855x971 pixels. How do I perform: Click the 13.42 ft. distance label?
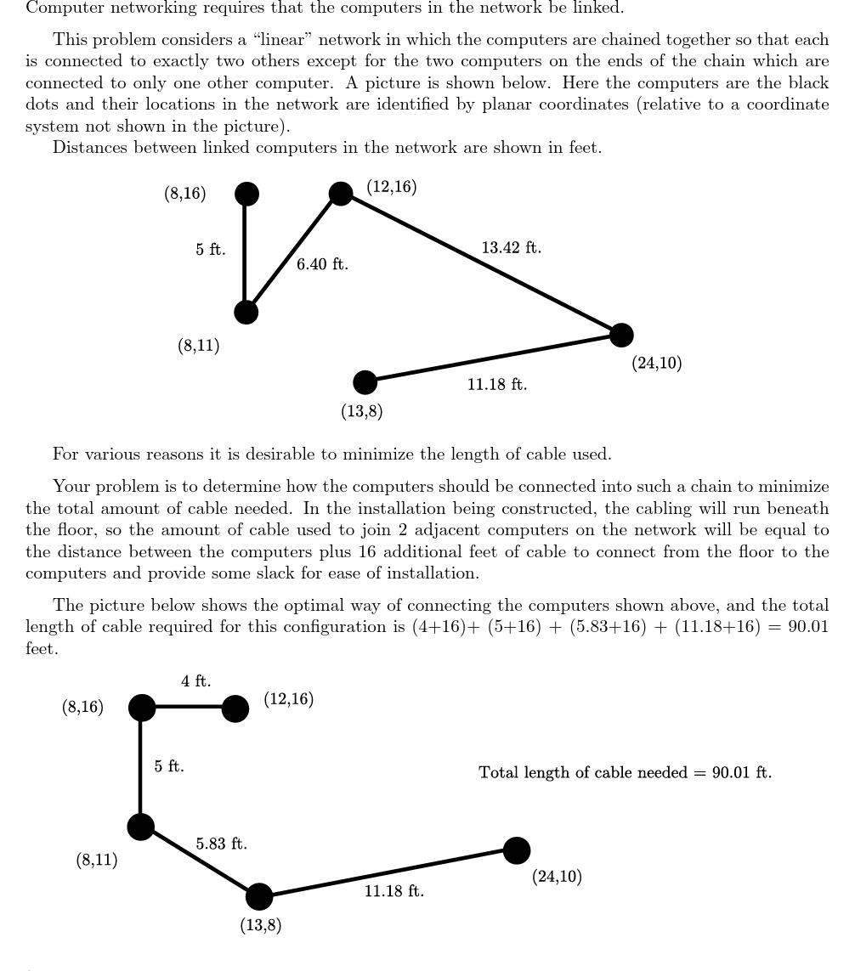coord(511,248)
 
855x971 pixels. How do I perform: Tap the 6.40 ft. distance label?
coord(322,265)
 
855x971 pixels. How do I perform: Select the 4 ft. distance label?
coord(195,681)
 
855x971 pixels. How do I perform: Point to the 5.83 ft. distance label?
coord(221,844)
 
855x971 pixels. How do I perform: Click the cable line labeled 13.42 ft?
coord(481,264)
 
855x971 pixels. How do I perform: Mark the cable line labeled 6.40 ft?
coord(292,253)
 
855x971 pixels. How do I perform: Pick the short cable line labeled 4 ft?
coord(189,707)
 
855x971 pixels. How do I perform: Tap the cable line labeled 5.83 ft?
coord(200,861)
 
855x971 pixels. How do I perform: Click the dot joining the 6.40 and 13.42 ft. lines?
coord(341,194)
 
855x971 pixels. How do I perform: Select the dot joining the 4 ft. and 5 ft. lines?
coord(142,707)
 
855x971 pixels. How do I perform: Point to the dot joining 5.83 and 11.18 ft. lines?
coord(259,895)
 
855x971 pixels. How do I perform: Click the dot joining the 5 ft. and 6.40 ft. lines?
coord(246,312)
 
